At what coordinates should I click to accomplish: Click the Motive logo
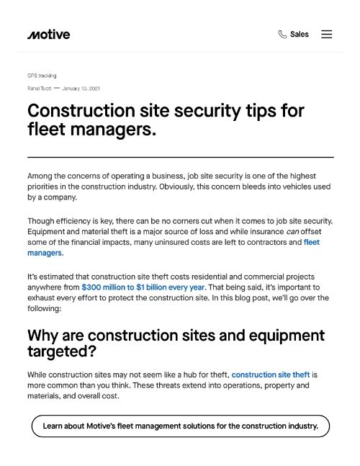click(x=48, y=34)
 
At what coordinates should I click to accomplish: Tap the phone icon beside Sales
click(x=282, y=34)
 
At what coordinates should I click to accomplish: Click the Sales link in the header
click(x=300, y=34)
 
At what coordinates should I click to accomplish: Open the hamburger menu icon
click(x=327, y=34)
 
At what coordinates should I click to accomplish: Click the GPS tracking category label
click(x=42, y=76)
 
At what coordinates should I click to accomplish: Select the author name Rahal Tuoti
click(x=39, y=89)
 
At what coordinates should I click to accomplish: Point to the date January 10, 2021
click(x=81, y=89)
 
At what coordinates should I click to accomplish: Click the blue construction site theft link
click(x=271, y=375)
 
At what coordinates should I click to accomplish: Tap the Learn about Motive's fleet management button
click(x=180, y=426)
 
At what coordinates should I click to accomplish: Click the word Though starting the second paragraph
click(x=41, y=220)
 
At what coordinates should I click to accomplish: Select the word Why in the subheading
click(x=45, y=336)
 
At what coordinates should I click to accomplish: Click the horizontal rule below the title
click(x=180, y=156)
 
